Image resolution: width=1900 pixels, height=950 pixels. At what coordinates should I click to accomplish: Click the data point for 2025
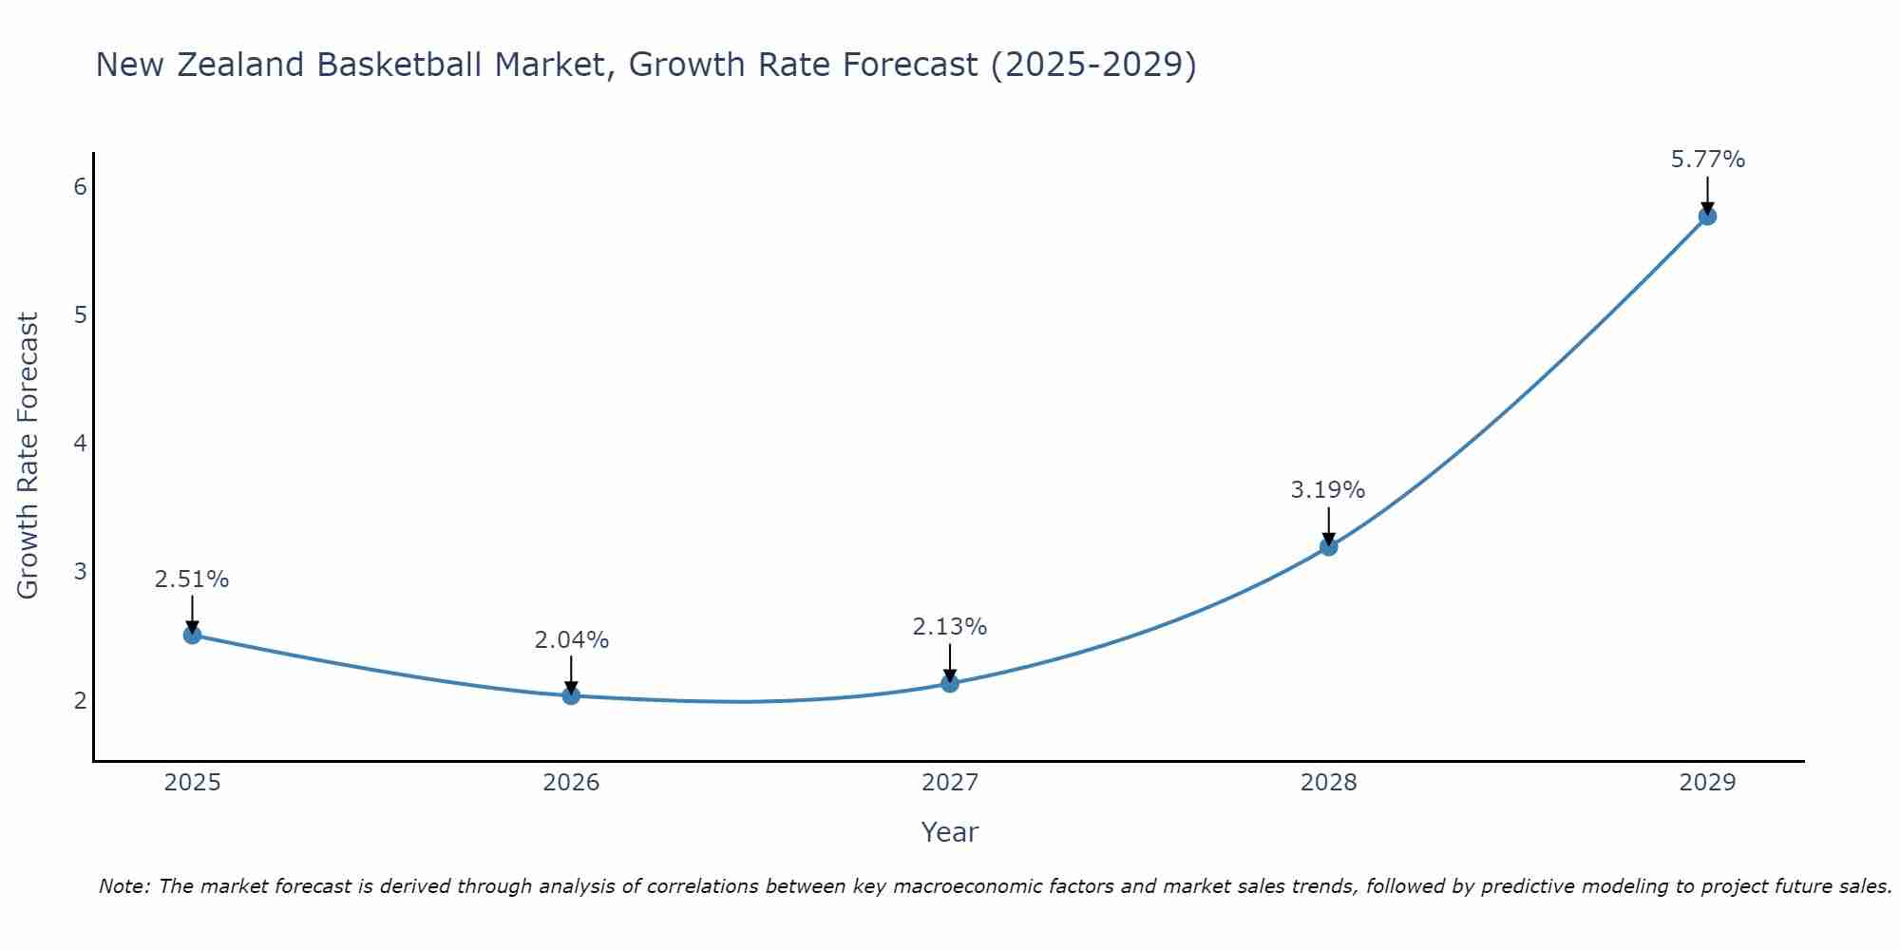192,635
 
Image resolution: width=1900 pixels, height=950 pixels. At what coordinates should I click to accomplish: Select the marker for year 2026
571,695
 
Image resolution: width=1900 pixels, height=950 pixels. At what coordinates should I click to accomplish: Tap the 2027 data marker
950,683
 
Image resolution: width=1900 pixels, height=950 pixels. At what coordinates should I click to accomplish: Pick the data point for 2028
1329,546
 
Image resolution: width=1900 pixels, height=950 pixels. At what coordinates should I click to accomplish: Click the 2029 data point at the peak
1707,216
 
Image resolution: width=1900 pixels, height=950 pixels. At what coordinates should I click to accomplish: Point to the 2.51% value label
192,579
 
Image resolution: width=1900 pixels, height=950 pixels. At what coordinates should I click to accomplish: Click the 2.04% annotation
571,640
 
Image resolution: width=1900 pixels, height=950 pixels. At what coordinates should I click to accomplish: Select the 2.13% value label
950,627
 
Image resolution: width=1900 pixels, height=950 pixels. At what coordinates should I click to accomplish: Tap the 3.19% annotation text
1328,490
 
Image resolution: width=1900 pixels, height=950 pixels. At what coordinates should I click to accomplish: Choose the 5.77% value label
1707,160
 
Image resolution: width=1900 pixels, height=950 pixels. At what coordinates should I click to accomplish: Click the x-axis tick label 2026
571,783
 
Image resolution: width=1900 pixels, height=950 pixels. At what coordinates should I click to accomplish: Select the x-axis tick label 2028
1329,783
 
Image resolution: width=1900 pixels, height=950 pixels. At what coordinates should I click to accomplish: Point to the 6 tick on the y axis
80,186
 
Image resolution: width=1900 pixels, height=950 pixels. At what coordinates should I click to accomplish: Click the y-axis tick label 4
80,444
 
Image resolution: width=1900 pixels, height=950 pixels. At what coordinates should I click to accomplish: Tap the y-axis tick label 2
80,701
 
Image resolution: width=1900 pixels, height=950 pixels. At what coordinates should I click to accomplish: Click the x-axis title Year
949,832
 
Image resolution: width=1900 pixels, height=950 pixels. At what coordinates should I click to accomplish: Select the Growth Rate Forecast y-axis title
28,456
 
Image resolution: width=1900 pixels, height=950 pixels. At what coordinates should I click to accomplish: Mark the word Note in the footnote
123,886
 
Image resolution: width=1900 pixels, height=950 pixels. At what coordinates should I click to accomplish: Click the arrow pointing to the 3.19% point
1329,524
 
